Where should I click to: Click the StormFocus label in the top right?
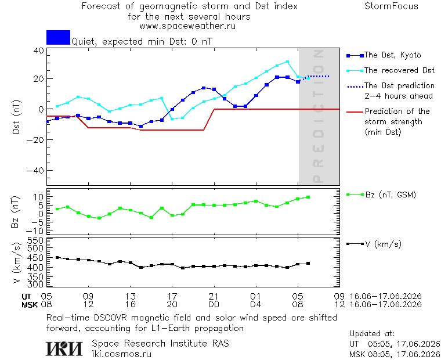coord(391,6)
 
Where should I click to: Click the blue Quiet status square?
coord(58,37)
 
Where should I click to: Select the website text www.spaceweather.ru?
coord(187,26)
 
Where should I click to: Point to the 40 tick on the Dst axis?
coord(39,51)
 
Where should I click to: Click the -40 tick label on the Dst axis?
coord(35,170)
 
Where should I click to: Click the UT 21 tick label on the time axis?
coord(214,296)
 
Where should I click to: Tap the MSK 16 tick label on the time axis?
coord(130,304)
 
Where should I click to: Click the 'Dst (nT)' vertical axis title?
coord(16,117)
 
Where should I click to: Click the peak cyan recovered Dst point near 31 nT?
coord(287,62)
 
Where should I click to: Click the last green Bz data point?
coord(308,197)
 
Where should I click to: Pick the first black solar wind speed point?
coord(57,257)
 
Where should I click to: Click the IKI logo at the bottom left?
coord(64,348)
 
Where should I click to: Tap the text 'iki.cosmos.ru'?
coord(121,354)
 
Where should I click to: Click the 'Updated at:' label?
coord(372,333)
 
